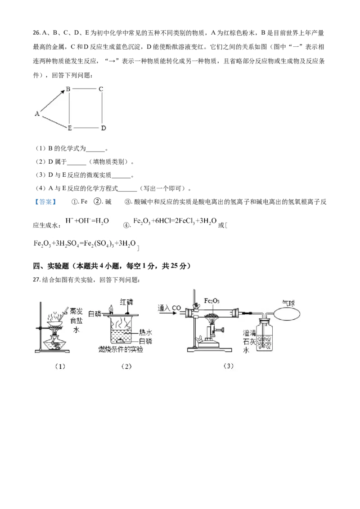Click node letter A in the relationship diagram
point(37,114)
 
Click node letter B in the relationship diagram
point(68,89)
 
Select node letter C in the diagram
point(101,89)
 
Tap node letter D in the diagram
point(103,128)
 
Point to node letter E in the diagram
point(70,128)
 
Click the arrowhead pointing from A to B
point(63,92)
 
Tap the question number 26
point(36,33)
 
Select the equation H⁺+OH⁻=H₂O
point(87,221)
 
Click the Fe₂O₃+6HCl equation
point(175,221)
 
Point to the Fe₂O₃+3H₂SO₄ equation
point(85,243)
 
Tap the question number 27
point(36,280)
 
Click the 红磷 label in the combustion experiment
point(126,302)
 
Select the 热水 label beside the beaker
point(145,332)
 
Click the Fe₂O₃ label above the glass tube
point(211,301)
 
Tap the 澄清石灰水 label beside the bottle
point(249,341)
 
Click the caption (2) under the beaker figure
point(126,366)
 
